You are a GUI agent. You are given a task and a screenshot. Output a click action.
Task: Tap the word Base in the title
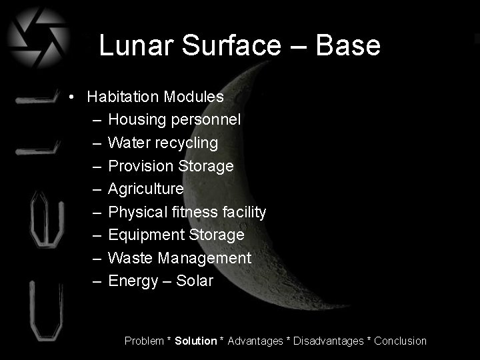click(x=348, y=46)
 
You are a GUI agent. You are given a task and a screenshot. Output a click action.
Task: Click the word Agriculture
click(x=145, y=189)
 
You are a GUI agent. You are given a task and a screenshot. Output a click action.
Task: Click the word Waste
click(x=128, y=258)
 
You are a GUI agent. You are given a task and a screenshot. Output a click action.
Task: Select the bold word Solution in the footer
click(x=196, y=341)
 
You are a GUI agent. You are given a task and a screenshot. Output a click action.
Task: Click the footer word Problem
click(x=144, y=341)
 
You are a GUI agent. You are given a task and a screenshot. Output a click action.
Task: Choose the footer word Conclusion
click(x=400, y=341)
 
